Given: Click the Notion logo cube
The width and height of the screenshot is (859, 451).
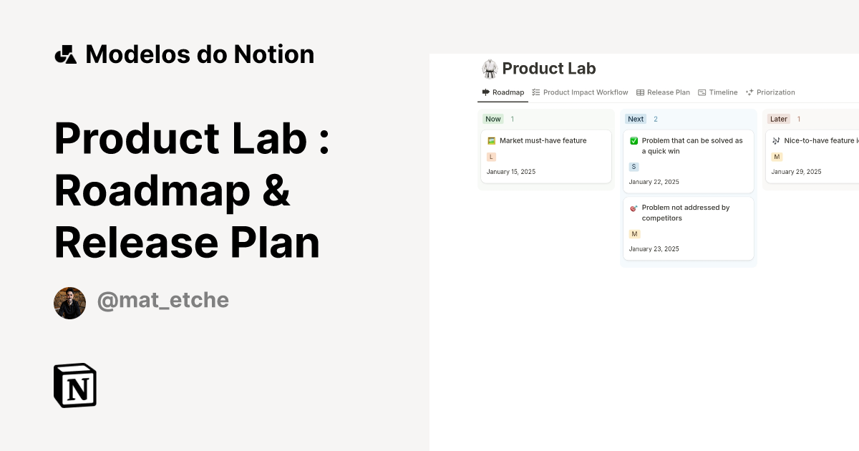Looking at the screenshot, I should [75, 385].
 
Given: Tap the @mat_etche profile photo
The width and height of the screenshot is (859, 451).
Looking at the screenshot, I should [69, 303].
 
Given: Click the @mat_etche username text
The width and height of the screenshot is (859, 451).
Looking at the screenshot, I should [162, 301].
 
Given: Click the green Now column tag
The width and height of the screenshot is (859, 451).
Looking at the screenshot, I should [493, 119].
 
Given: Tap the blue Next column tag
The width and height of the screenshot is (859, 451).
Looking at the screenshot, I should [636, 119].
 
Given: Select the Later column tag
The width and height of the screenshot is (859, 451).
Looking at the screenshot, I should [778, 119].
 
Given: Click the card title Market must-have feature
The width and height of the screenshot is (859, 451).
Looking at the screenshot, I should [543, 140].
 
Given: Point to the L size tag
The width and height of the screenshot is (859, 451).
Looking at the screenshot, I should [491, 157].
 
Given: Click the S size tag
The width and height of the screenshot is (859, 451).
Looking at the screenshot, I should [634, 167].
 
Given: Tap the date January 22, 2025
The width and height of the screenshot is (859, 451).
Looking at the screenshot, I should [654, 182].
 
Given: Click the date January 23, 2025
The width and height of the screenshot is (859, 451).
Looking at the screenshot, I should [654, 249].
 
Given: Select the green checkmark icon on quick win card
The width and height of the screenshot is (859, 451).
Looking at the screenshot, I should [634, 141].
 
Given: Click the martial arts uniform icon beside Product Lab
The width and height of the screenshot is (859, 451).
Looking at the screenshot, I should [490, 69].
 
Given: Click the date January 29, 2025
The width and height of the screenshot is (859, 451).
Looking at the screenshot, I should [796, 172].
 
